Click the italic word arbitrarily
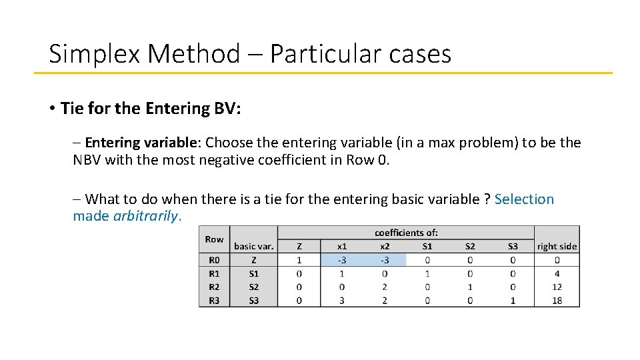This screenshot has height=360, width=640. coord(147,216)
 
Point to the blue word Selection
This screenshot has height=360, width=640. coord(524,199)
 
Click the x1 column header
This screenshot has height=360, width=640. coord(342,247)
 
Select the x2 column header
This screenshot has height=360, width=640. coord(385,247)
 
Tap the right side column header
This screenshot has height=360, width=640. coord(557,247)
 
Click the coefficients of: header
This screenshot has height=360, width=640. coord(406,233)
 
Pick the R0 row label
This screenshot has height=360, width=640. coord(214,260)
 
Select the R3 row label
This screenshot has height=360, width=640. coord(214,301)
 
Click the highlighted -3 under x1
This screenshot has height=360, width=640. coord(342,260)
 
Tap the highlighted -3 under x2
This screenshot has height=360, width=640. coord(385,260)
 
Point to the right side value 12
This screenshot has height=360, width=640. coord(557,287)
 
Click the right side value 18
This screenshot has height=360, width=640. coord(557,301)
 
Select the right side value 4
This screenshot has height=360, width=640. coord(557,273)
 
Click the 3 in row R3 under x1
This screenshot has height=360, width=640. coord(342,301)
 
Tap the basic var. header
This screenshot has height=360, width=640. coord(254,247)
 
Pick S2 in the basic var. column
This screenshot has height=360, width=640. coord(254,287)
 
